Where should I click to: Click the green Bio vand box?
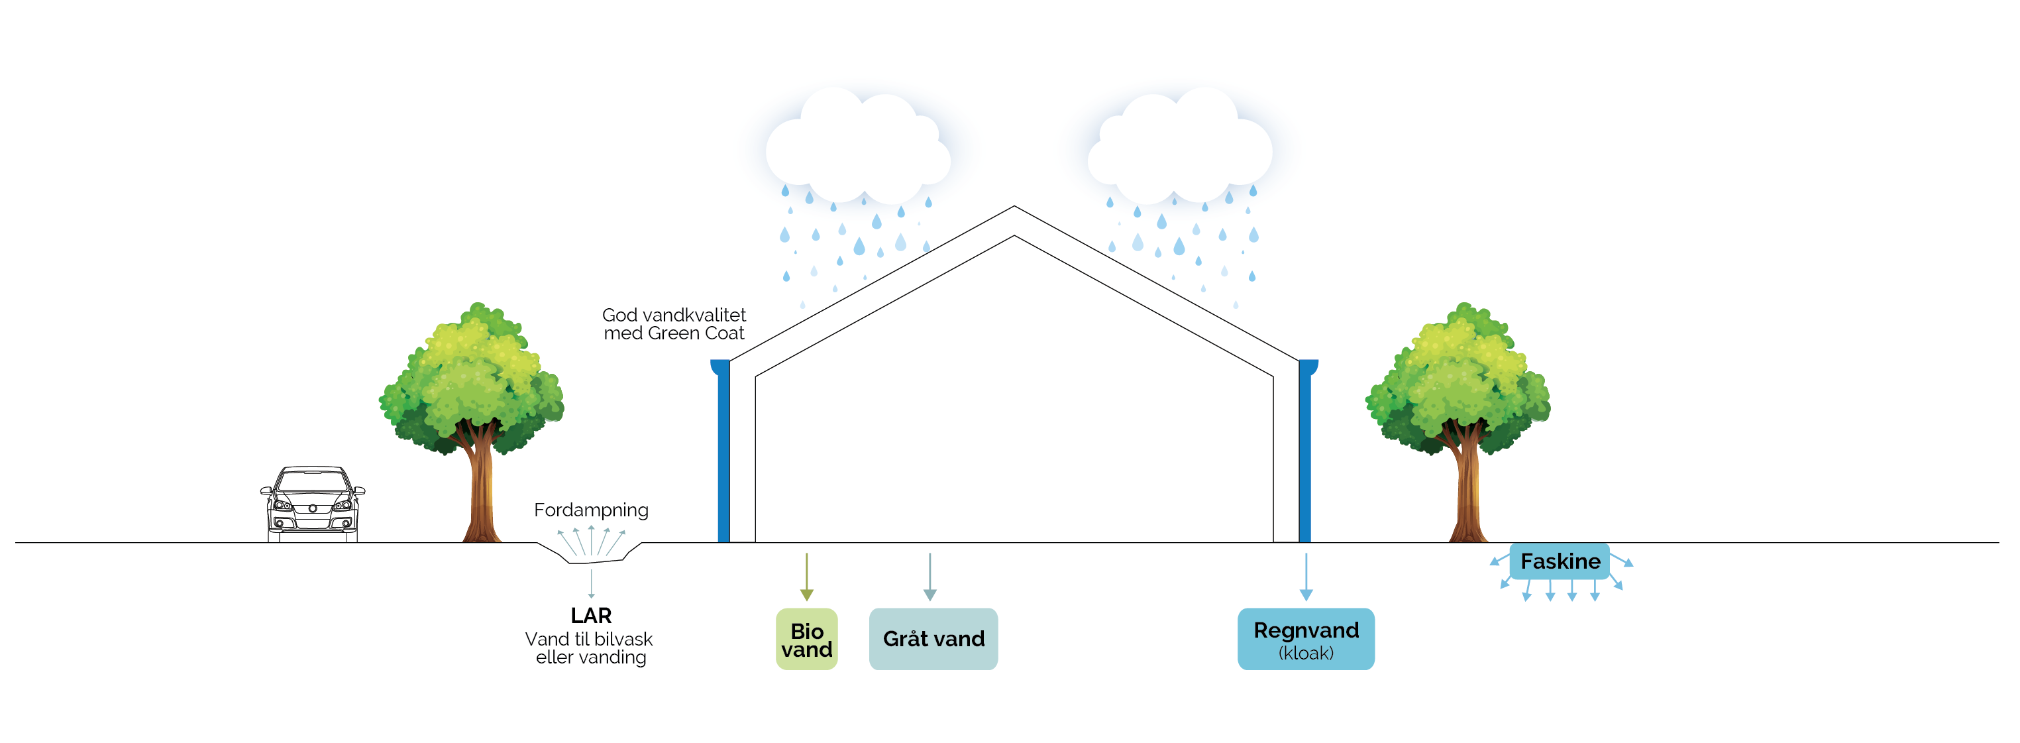806,639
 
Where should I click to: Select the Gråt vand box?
933,639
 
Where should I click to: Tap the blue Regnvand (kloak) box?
1306,639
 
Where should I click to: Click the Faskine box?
1560,561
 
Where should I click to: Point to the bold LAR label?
591,615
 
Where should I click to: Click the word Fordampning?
591,510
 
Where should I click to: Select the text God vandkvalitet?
674,315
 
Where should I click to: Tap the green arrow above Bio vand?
806,577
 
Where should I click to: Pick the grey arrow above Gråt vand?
930,577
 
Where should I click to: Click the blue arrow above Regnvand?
1306,577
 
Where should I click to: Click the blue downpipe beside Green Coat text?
723,455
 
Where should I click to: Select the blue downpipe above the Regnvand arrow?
1306,455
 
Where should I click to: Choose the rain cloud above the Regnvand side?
1180,149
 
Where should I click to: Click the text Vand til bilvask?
589,639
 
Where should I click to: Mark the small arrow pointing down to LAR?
591,584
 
